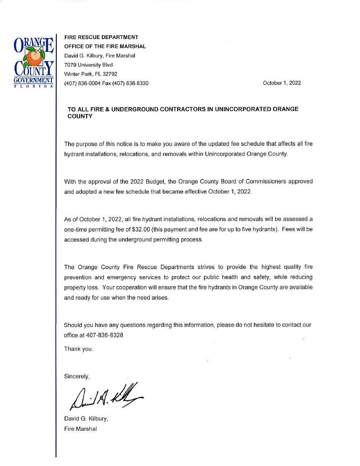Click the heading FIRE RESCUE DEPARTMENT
tap(101, 37)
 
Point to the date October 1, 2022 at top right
tap(282, 83)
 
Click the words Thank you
tap(78, 349)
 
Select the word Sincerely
tap(77, 377)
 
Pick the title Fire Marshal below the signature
tap(80, 429)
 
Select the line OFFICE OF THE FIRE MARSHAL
tap(105, 46)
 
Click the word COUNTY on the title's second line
tap(80, 116)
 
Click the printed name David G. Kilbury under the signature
tap(86, 419)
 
